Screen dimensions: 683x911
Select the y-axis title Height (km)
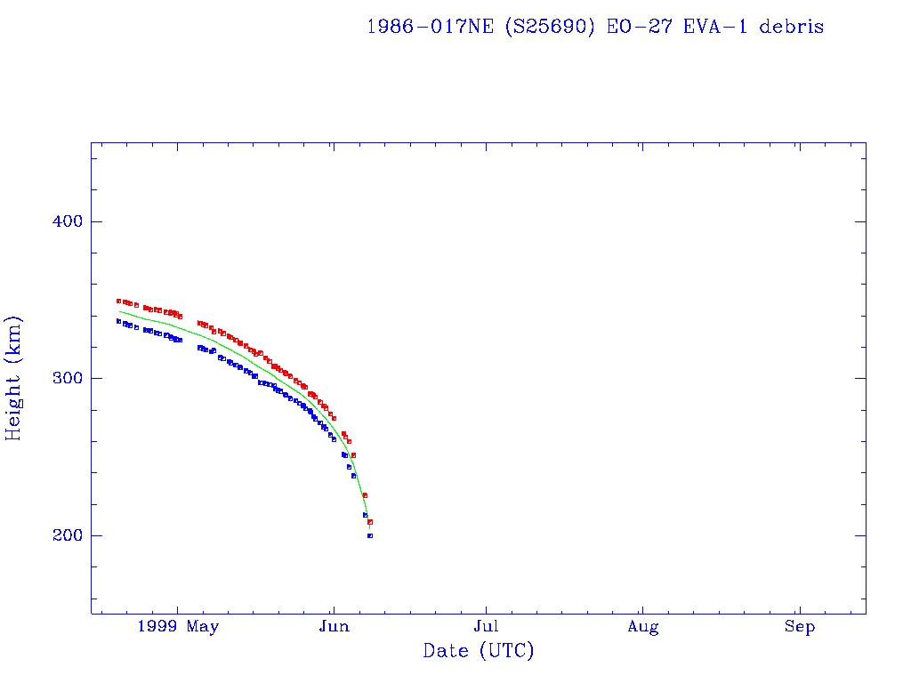pos(14,378)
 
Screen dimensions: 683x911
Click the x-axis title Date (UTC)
pos(479,651)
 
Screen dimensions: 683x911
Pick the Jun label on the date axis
pos(334,628)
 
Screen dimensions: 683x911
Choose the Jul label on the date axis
pos(487,628)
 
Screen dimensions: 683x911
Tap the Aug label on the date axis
pos(642,628)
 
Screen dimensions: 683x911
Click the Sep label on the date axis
pos(799,628)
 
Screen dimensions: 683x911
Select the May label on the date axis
pos(204,628)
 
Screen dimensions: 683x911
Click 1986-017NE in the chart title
pos(431,27)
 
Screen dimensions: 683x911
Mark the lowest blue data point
pos(370,535)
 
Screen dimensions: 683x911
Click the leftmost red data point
pos(118,301)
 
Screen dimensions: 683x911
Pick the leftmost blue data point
pos(118,321)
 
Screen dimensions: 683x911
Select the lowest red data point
pos(370,521)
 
